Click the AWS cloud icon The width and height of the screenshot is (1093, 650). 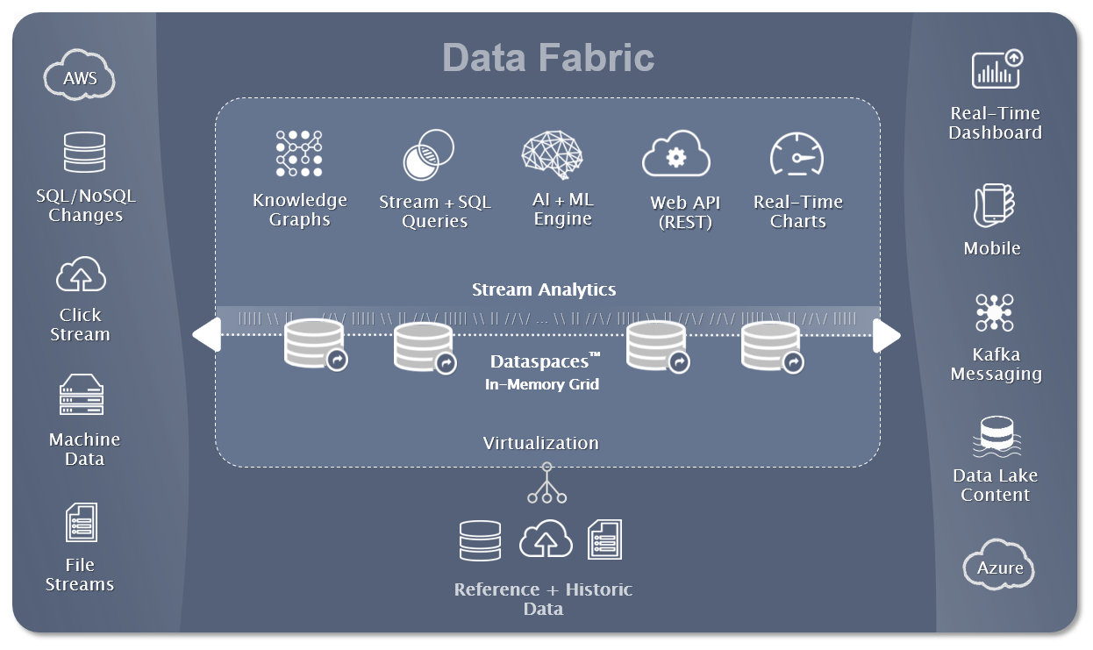click(x=80, y=77)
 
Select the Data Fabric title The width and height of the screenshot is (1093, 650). click(x=548, y=58)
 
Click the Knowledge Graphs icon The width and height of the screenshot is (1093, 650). click(x=299, y=154)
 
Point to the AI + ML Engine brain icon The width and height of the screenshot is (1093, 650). click(x=552, y=155)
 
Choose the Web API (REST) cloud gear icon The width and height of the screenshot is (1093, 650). click(x=675, y=155)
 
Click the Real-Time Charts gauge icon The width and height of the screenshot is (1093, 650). click(x=797, y=155)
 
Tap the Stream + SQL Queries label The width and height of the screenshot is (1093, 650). click(x=434, y=211)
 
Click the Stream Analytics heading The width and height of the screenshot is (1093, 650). click(x=544, y=289)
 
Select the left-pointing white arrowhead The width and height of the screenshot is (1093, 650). click(x=207, y=335)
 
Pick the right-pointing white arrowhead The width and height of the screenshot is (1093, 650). click(x=886, y=335)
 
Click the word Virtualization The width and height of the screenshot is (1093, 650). click(x=540, y=443)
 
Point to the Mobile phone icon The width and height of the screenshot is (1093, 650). click(x=993, y=207)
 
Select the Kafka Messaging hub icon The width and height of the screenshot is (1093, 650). click(x=994, y=313)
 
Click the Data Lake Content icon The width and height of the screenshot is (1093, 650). click(x=996, y=436)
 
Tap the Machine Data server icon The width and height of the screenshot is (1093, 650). click(x=82, y=396)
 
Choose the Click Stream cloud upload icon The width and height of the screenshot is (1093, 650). click(x=81, y=275)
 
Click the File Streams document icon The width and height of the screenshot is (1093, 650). click(x=81, y=523)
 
